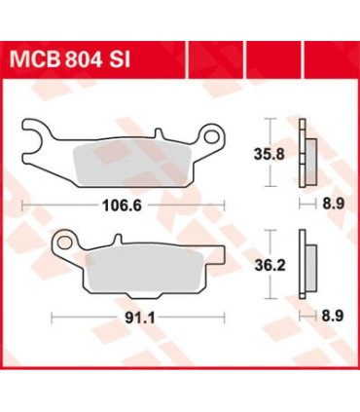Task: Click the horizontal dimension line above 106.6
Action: pyautogui.click(x=123, y=203)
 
